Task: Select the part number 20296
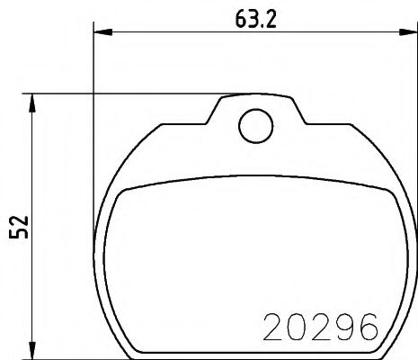click(x=318, y=327)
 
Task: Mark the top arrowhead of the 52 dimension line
click(x=34, y=100)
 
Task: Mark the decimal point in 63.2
click(x=262, y=23)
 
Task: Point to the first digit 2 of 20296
click(x=271, y=327)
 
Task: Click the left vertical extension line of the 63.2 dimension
click(x=93, y=180)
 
